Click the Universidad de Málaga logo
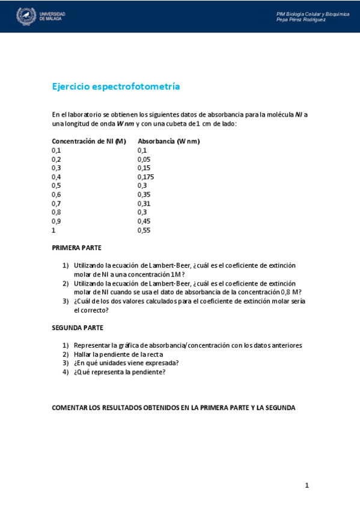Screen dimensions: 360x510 [x=40, y=16]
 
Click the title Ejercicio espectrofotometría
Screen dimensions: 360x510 [x=116, y=87]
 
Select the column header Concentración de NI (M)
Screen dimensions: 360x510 [x=89, y=141]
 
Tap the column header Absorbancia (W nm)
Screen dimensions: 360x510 [x=169, y=141]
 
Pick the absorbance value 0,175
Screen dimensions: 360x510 [x=146, y=177]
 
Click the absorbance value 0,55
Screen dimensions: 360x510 [x=144, y=230]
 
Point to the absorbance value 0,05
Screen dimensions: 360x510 [x=144, y=159]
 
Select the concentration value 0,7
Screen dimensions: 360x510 [x=56, y=204]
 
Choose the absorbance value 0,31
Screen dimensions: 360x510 [x=144, y=204]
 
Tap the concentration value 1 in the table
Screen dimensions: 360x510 [x=53, y=230]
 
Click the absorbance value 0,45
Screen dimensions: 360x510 [x=144, y=221]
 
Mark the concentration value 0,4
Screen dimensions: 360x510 [x=56, y=177]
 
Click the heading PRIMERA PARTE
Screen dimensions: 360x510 [x=76, y=248]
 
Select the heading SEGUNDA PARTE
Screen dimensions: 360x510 [x=78, y=328]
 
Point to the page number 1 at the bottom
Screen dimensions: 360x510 [x=307, y=485]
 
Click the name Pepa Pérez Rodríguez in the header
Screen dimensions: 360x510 [x=301, y=19]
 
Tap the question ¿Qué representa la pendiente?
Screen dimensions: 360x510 [x=120, y=372]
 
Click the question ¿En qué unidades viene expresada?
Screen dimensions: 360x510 [x=126, y=363]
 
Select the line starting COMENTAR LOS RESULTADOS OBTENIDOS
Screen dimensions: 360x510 [x=174, y=408]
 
